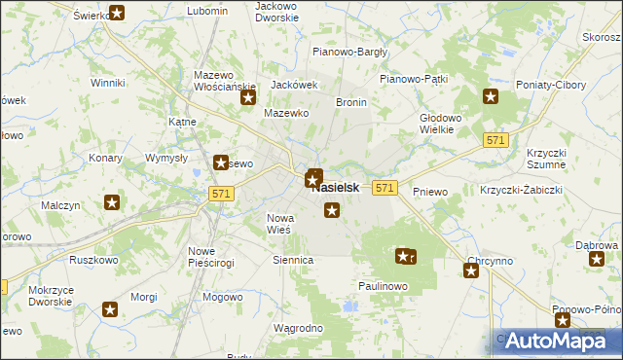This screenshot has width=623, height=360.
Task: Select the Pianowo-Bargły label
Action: (x=349, y=52)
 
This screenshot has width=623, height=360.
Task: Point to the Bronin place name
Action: (x=350, y=101)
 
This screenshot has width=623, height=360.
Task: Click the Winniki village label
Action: (x=108, y=83)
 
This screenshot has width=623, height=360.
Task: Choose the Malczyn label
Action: (x=60, y=205)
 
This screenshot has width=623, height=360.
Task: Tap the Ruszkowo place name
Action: (x=93, y=260)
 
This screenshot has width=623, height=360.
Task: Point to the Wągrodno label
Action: (x=298, y=328)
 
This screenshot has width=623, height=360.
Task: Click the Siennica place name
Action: (x=293, y=260)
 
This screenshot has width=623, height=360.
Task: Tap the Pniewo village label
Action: (x=429, y=192)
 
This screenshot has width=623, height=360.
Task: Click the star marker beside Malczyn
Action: (x=113, y=202)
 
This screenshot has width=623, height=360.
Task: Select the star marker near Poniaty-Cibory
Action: (x=491, y=95)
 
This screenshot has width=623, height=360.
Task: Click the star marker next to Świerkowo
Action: (x=117, y=13)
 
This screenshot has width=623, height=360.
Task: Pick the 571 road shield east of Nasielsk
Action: (x=385, y=187)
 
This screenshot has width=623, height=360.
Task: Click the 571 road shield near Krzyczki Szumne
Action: (x=495, y=141)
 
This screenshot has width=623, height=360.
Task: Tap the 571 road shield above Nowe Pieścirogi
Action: (x=220, y=195)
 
